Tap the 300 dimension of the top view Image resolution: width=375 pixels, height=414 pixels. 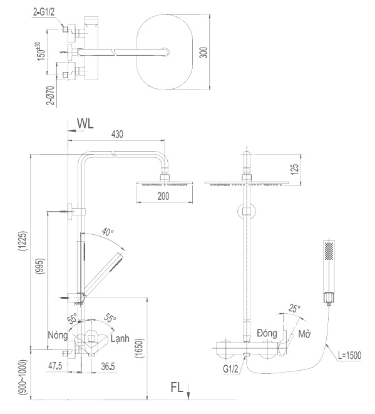pos(202,53)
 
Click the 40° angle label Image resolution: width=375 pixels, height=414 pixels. pos(108,232)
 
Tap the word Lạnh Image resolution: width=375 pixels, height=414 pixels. pos(120,339)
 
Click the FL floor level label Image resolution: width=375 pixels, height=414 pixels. pos(177,387)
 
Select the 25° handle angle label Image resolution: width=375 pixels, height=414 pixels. pos(294,309)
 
